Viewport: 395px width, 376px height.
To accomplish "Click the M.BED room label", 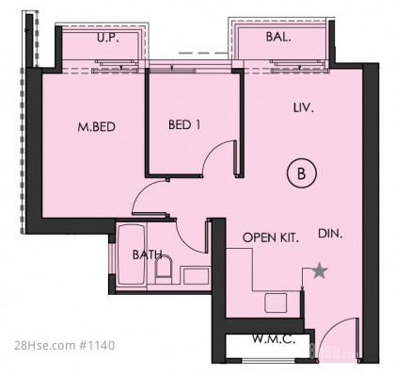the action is click(97, 127).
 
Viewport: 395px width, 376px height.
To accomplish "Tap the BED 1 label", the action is click(184, 124).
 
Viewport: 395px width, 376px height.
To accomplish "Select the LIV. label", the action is click(304, 108).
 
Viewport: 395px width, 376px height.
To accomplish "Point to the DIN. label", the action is click(330, 234).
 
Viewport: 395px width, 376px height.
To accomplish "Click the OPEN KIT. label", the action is click(271, 237).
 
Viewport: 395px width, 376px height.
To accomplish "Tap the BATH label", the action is click(148, 254).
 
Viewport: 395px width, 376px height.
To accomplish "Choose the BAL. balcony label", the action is click(278, 37).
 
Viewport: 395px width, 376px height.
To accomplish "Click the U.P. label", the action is click(107, 38).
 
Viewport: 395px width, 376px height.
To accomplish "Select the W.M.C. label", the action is click(274, 339).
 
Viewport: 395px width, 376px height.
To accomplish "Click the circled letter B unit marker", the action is click(302, 173).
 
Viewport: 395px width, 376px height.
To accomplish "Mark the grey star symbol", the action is click(320, 270).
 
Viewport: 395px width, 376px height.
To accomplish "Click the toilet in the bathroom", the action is click(164, 270).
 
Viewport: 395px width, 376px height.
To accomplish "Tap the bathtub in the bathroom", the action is click(131, 255).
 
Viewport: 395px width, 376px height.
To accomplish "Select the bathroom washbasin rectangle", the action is click(197, 276).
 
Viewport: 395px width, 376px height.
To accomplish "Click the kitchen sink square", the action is click(276, 302).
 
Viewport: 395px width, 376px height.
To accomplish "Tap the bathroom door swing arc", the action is click(184, 242).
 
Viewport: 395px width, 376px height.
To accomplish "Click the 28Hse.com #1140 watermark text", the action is click(65, 346).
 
